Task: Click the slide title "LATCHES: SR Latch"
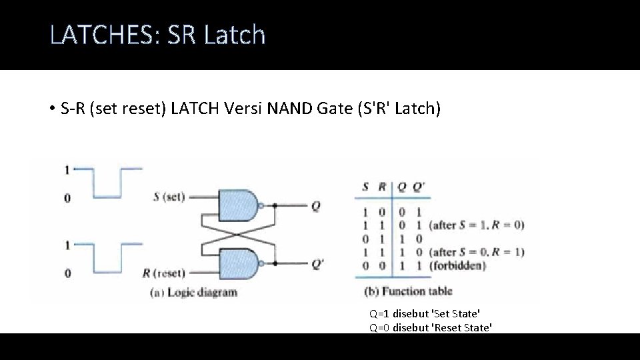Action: click(157, 35)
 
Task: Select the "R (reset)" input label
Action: click(164, 272)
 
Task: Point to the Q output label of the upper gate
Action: click(315, 206)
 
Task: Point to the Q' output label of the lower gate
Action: click(317, 263)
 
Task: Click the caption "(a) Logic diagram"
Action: click(193, 292)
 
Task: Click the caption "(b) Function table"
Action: click(408, 291)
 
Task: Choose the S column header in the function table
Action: click(365, 187)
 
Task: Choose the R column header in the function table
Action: click(382, 187)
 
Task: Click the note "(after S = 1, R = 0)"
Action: click(476, 225)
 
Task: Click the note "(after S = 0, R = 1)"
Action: click(476, 252)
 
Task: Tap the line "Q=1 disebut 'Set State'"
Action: click(425, 313)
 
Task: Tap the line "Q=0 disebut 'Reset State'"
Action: click(431, 327)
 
